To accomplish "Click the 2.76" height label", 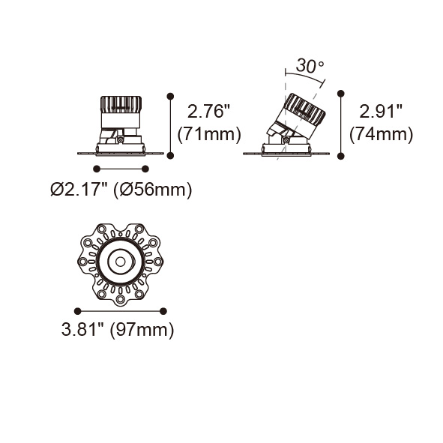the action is point(208,111).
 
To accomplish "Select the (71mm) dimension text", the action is point(209,133).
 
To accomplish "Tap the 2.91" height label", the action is point(380,111).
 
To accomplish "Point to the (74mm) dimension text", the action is point(381,133).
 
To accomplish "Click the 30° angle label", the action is point(310,66).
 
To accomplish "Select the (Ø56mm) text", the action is point(153,190).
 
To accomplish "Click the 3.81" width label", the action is point(82,329).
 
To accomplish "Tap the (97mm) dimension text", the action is point(142,330).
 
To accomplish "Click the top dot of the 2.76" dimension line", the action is point(170,97).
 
